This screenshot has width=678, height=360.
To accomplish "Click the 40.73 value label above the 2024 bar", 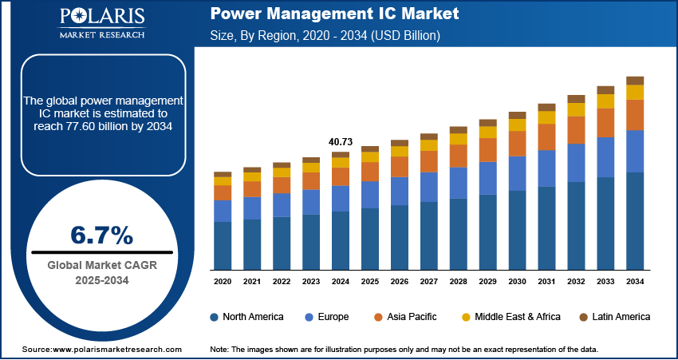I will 340,142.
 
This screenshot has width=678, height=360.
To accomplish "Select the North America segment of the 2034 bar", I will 635,220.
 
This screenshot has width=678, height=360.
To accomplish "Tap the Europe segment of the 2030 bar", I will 517,173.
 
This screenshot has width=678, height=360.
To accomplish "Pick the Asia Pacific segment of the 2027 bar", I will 429,161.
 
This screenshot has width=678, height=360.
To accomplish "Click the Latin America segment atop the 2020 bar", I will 223,174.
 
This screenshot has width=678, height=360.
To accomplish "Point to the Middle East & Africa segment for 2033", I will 605,101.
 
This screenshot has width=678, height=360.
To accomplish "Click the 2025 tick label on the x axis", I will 369,282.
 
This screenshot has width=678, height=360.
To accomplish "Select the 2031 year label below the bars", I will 546,282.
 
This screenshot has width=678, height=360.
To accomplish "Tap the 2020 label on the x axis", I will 223,282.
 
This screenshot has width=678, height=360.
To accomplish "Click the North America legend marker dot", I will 215,317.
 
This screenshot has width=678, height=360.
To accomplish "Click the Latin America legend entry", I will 614,317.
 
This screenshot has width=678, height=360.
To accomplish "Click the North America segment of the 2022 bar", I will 282,243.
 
